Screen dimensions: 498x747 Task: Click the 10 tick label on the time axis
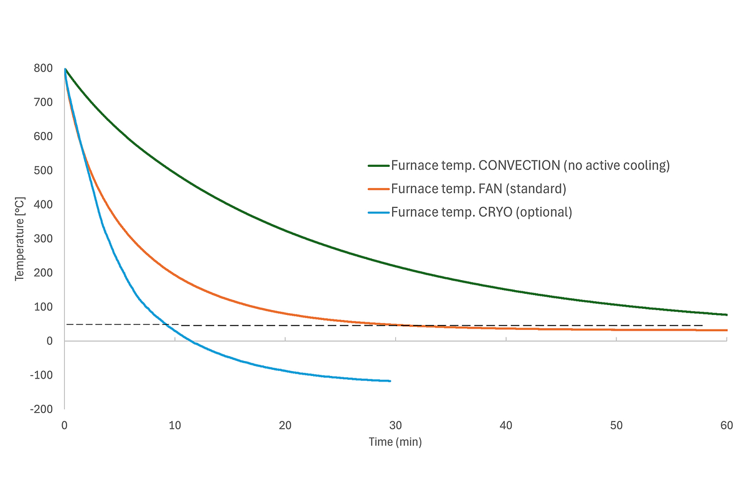coord(175,426)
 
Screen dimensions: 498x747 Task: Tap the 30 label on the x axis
coord(395,426)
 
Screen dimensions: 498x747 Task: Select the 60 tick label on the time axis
coord(726,426)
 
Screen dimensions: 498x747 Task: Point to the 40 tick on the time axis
coord(506,426)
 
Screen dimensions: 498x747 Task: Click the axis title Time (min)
coord(396,442)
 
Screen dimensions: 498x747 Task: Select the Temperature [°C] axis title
coord(20,238)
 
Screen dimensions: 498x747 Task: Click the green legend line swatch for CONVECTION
coord(378,166)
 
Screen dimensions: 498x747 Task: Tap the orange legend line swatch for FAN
coord(378,189)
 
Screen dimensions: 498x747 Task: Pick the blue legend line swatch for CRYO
coord(378,212)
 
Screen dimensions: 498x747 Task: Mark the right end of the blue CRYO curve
coord(390,381)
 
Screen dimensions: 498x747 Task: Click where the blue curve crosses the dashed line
coord(166,324)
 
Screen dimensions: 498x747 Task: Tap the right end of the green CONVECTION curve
coord(727,315)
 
